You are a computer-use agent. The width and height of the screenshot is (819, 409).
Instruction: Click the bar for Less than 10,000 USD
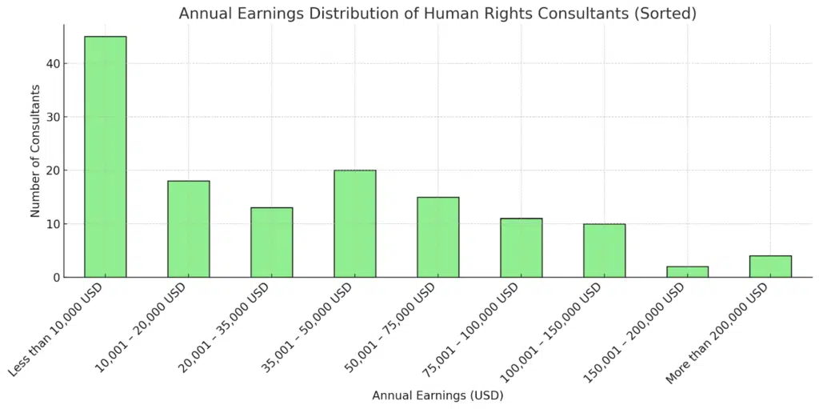(x=106, y=157)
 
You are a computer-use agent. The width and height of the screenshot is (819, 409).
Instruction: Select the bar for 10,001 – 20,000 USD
(x=189, y=229)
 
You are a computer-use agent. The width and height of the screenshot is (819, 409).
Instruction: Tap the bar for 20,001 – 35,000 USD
(x=272, y=243)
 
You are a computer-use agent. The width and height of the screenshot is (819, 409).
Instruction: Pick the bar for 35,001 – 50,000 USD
(x=355, y=223)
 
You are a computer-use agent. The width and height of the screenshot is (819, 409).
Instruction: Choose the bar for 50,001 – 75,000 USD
(x=438, y=237)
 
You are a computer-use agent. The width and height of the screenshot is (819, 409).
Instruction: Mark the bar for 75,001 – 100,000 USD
(x=521, y=247)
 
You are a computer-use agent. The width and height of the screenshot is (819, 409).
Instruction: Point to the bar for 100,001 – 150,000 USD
(x=605, y=251)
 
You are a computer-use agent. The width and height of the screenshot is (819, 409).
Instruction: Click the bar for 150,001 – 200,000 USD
(x=688, y=272)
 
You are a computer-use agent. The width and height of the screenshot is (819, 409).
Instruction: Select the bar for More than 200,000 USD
(x=771, y=267)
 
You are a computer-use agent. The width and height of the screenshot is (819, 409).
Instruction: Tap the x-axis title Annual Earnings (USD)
(x=437, y=395)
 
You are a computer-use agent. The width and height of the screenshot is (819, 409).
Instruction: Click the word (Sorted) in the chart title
(x=668, y=14)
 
